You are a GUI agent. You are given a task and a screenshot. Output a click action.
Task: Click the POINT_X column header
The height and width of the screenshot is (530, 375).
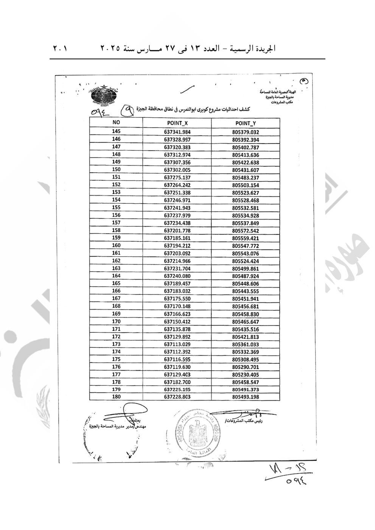[x=177, y=123]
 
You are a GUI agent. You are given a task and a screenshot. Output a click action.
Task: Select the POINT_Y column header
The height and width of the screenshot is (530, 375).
[x=246, y=123]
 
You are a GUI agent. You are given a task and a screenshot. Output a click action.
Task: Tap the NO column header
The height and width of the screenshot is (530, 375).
[x=116, y=123]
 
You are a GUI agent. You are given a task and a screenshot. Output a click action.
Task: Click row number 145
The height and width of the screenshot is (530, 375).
[x=116, y=132]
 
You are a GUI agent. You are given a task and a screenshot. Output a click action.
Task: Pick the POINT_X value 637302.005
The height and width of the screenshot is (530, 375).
[x=177, y=170]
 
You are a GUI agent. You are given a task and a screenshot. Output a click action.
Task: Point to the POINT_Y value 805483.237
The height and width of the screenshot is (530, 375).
[x=246, y=178]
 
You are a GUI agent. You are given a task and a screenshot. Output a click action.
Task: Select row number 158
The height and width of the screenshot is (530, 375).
[x=116, y=230]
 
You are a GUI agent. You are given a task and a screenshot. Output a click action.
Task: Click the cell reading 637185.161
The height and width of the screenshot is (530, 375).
[x=177, y=238]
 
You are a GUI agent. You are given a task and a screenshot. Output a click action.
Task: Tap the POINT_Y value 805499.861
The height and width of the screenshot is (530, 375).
[x=246, y=268]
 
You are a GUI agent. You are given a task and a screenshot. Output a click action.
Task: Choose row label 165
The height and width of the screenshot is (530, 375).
[x=116, y=283]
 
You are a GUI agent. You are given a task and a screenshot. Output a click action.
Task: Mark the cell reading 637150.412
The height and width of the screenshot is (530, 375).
[x=177, y=321]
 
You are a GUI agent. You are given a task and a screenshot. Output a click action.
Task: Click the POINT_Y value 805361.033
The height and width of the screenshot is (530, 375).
[x=246, y=344]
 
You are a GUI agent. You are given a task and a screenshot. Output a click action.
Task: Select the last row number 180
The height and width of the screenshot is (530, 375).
[x=116, y=397]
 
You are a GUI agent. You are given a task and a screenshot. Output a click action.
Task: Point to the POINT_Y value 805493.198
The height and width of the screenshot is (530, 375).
[x=246, y=397]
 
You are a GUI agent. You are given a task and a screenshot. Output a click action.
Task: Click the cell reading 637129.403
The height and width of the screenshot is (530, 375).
[x=177, y=374]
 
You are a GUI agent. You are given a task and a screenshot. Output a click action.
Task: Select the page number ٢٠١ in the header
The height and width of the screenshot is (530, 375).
[x=59, y=49]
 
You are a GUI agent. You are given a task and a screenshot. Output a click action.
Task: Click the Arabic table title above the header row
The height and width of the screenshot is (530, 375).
[x=196, y=110]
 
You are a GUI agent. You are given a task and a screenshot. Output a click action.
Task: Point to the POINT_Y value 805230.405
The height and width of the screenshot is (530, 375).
[x=246, y=374]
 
